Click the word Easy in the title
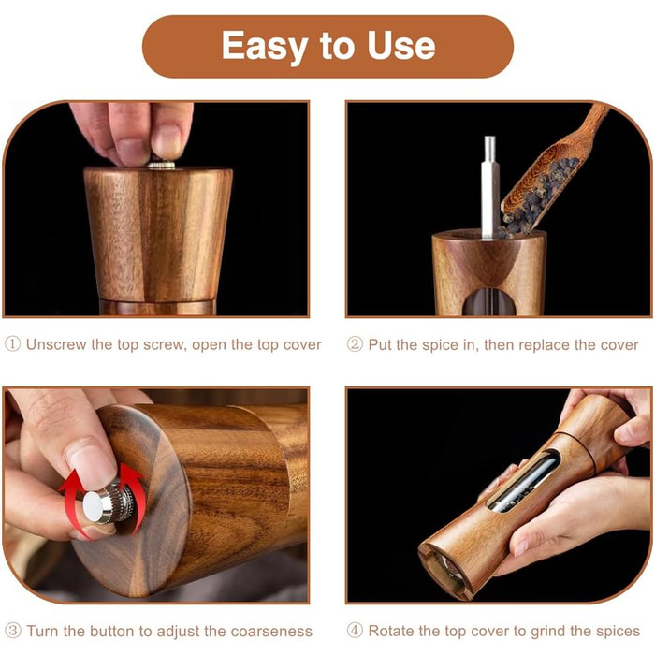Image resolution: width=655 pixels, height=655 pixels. point(265,47)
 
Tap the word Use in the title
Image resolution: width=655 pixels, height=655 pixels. point(401,45)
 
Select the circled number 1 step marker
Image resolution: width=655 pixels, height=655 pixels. point(12,344)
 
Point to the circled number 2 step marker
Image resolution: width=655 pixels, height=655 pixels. point(355,344)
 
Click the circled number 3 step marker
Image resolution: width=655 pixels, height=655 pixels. point(12,631)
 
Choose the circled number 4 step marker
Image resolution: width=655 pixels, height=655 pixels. point(355,631)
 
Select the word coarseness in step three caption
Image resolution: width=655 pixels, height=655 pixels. point(271,632)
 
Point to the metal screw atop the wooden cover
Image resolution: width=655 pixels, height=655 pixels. point(161,165)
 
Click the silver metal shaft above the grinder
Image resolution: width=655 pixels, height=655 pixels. point(489,187)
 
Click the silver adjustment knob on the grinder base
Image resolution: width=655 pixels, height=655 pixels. point(108,504)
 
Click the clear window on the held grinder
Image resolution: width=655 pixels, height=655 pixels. point(523,481)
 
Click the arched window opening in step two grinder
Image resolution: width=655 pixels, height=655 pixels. point(488,300)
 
